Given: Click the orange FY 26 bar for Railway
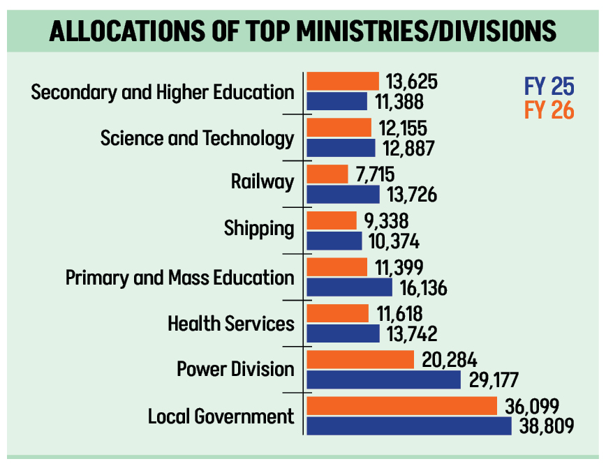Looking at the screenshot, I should pyautogui.click(x=327, y=174).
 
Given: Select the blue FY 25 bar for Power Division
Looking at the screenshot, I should pyautogui.click(x=383, y=379).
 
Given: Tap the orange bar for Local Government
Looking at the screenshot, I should pyautogui.click(x=401, y=405).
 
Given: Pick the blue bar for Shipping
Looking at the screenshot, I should pyautogui.click(x=334, y=241).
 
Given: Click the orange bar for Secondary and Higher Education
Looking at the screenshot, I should pyautogui.click(x=342, y=81).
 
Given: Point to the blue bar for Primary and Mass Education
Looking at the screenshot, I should pyautogui.click(x=349, y=287).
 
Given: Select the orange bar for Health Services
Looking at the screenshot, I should pyautogui.click(x=337, y=313).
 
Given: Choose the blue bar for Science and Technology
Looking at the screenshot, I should pyautogui.click(x=341, y=148).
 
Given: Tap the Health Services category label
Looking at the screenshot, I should pyautogui.click(x=231, y=324).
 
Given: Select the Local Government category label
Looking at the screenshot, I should pyautogui.click(x=221, y=417).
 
